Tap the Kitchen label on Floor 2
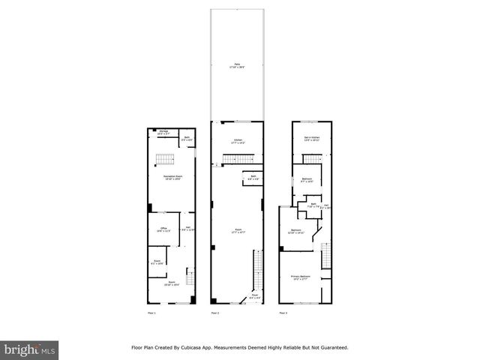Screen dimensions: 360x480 (237, 140)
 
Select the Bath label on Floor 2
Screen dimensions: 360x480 (253, 178)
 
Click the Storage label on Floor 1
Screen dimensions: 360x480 (163, 132)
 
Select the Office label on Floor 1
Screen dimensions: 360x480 (163, 229)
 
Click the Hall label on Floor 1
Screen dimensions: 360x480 (189, 229)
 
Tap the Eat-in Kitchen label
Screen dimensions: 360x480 (312, 139)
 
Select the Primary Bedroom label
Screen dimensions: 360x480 (301, 277)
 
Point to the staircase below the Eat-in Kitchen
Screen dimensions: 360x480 (312, 158)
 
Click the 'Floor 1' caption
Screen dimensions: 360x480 (151, 312)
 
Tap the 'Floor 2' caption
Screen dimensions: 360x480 (215, 312)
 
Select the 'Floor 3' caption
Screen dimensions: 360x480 (283, 312)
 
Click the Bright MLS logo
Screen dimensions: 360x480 (30, 349)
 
